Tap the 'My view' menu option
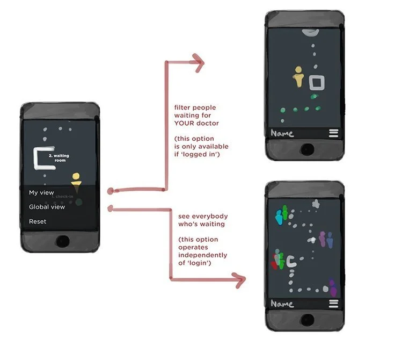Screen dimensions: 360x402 (41, 192)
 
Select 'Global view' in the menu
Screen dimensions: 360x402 (47, 207)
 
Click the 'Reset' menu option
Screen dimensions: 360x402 (38, 221)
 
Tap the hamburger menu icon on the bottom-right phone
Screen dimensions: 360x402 (333, 304)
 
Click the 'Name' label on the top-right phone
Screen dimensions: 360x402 (282, 133)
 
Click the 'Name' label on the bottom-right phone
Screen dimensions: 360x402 (282, 304)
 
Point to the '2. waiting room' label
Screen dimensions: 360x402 (59, 157)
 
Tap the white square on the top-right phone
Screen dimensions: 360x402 (317, 82)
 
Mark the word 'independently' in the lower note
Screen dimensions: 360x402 (202, 255)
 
